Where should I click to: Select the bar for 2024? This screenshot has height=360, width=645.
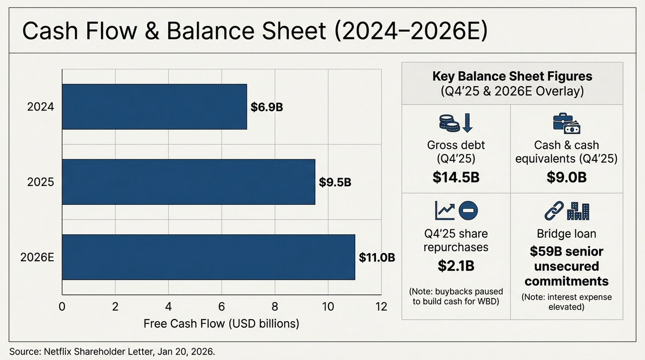pyautogui.click(x=154, y=107)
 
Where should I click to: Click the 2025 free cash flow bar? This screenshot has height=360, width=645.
pyautogui.click(x=188, y=182)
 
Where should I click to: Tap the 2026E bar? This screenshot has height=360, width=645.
pyautogui.click(x=208, y=257)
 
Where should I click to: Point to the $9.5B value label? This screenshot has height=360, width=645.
pyautogui.click(x=335, y=182)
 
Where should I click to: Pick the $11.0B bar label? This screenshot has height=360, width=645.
pyautogui.click(x=376, y=257)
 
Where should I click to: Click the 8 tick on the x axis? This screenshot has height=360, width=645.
pyautogui.click(x=275, y=307)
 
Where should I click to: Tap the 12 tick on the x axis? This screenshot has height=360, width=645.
pyautogui.click(x=381, y=307)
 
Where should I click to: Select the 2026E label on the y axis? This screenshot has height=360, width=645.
pyautogui.click(x=37, y=257)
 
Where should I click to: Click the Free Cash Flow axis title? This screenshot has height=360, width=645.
pyautogui.click(x=221, y=324)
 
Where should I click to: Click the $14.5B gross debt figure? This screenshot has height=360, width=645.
pyautogui.click(x=456, y=177)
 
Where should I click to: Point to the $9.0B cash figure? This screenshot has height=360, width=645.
pyautogui.click(x=566, y=177)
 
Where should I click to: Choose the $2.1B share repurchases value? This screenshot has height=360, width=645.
pyautogui.click(x=456, y=266)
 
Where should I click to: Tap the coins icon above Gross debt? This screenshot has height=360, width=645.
pyautogui.click(x=448, y=123)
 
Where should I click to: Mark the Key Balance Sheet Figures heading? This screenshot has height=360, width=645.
pyautogui.click(x=512, y=77)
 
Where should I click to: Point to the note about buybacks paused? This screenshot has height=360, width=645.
pyautogui.click(x=456, y=297)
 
